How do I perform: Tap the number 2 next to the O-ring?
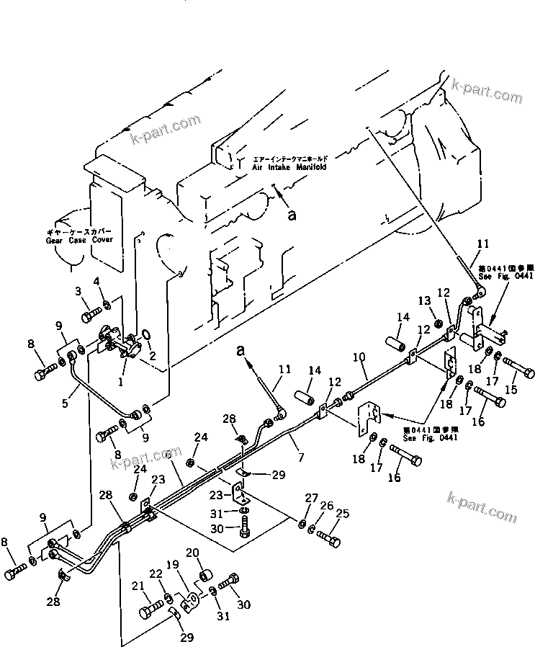(x=152, y=354)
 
